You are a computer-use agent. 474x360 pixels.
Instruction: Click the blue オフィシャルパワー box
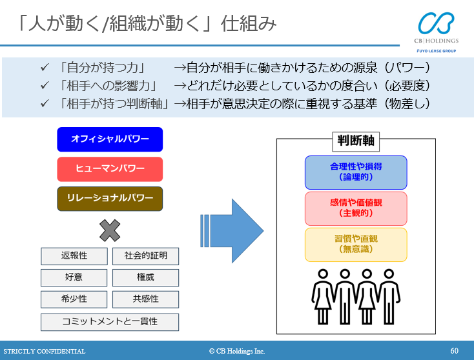click(110, 139)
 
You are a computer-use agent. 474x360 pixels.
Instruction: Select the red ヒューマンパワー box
click(110, 169)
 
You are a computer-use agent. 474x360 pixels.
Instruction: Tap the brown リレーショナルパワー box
click(110, 199)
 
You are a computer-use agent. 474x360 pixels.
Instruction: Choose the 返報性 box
click(74, 256)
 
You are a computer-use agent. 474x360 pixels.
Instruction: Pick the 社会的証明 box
click(145, 256)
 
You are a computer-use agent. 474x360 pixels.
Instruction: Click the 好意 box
click(74, 278)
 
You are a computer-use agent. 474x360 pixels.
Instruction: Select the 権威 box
click(145, 278)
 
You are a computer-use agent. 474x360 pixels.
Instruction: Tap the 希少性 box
click(74, 299)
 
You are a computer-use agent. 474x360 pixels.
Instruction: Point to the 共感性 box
click(145, 299)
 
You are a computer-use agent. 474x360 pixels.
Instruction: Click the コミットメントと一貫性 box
click(110, 322)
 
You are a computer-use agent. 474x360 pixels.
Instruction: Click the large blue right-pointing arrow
click(233, 230)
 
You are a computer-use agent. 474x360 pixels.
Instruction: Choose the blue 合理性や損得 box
click(356, 172)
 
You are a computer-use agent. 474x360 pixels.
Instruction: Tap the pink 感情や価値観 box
click(356, 208)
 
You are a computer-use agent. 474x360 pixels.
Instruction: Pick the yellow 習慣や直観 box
click(356, 245)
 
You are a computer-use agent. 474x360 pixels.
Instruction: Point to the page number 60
click(455, 351)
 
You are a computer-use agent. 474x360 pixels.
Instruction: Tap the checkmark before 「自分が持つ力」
click(45, 67)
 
